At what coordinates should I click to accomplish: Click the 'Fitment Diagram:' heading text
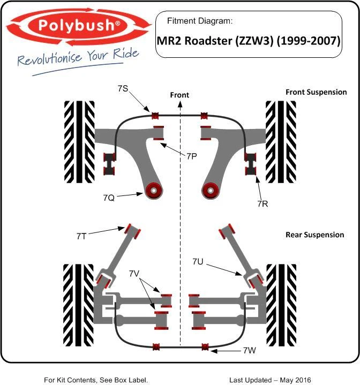(x=200, y=22)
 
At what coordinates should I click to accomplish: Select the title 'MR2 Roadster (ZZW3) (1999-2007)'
(x=249, y=40)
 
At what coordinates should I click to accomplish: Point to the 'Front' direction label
(x=179, y=95)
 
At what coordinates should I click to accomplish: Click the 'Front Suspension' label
(x=316, y=92)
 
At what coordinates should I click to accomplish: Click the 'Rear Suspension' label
(x=315, y=235)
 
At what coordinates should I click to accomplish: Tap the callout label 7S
(x=123, y=88)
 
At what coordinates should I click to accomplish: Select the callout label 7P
(x=192, y=156)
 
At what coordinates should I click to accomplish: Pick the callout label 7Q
(x=108, y=198)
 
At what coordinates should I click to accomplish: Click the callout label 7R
(x=263, y=203)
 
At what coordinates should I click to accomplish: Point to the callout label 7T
(x=82, y=235)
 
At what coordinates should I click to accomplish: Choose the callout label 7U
(x=199, y=261)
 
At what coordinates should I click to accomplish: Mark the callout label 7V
(x=134, y=273)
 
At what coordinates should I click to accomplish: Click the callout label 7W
(x=249, y=351)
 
